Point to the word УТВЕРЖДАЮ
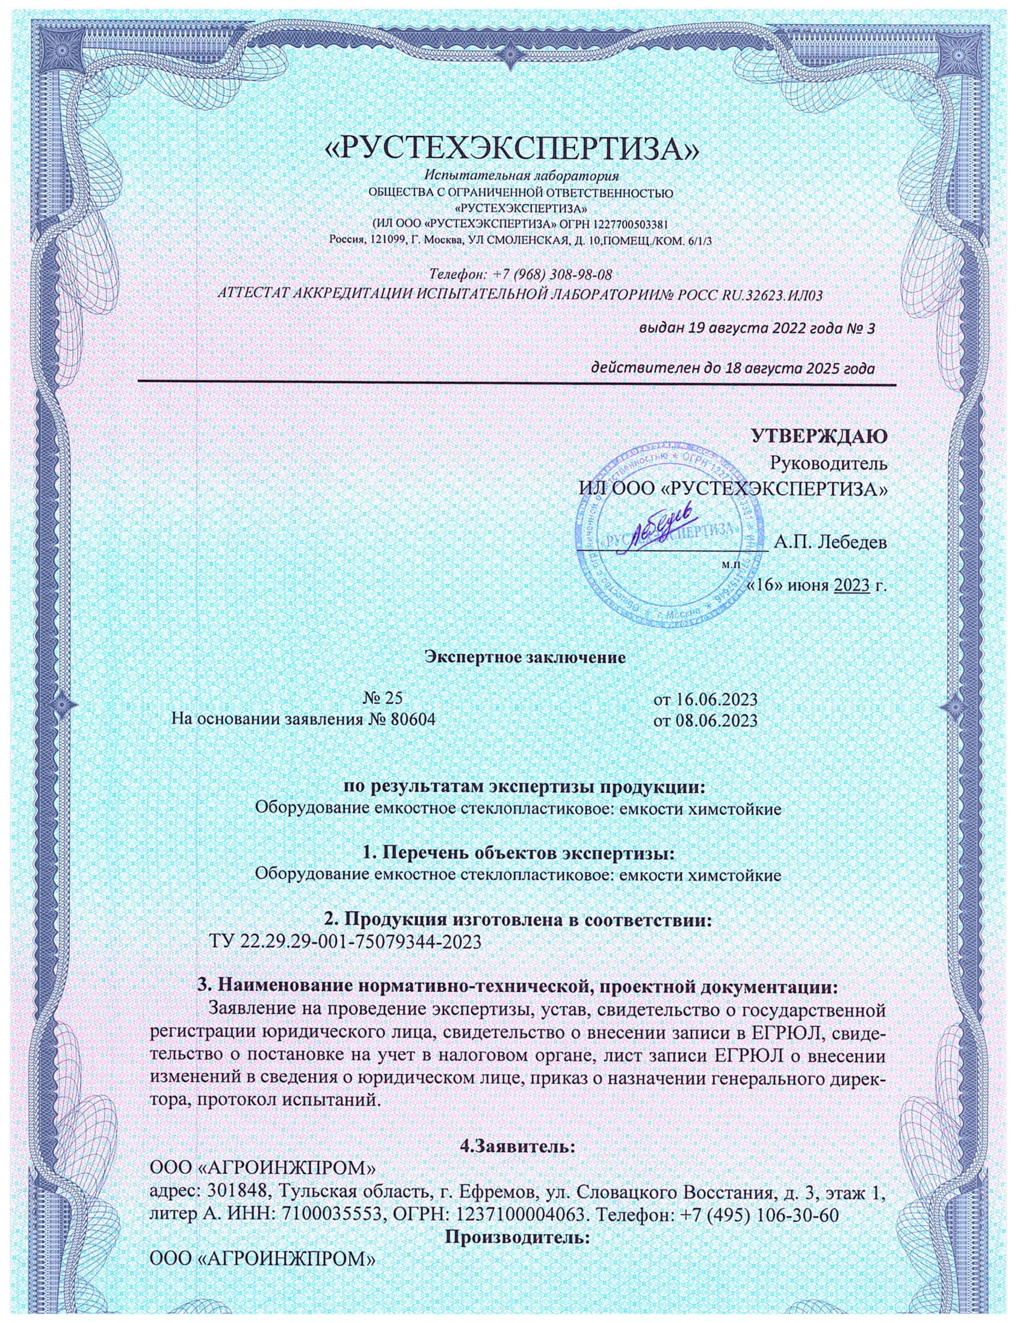coord(820,436)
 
